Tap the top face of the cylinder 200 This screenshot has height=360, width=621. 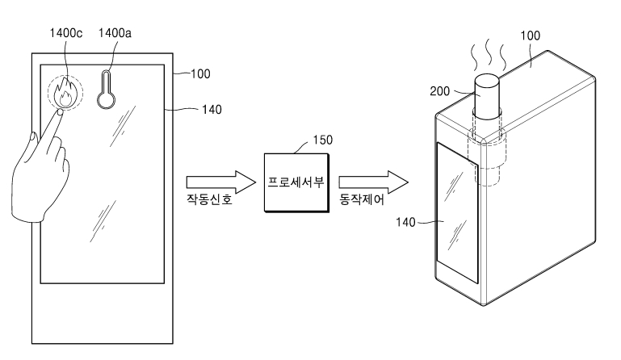487,82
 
